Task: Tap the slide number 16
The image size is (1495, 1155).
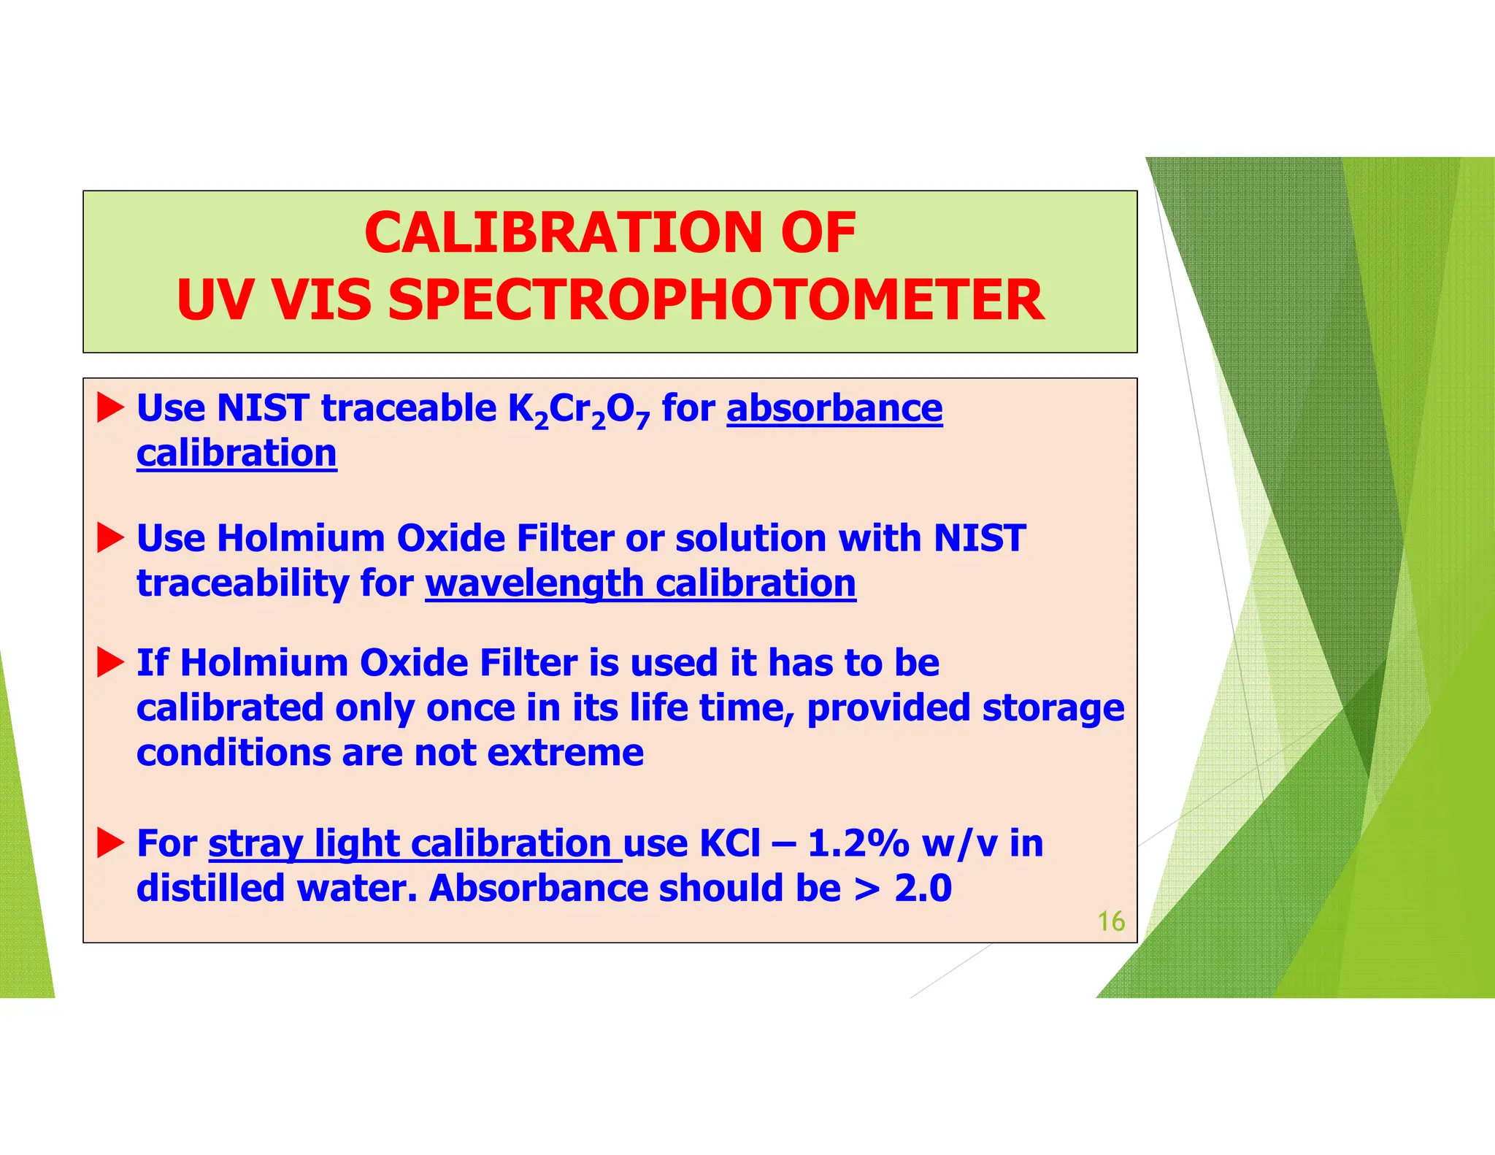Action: coord(1110,921)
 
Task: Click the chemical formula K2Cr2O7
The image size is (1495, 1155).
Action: coord(578,410)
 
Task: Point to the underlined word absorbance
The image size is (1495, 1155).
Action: coord(834,408)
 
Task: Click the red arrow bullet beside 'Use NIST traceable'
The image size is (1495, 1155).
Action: coord(110,407)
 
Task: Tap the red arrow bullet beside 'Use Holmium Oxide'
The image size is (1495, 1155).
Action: coord(110,538)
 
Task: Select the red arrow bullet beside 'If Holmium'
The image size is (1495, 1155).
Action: coord(110,662)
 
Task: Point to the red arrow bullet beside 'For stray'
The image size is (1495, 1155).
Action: coord(110,843)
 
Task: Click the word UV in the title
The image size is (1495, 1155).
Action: coord(215,300)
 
